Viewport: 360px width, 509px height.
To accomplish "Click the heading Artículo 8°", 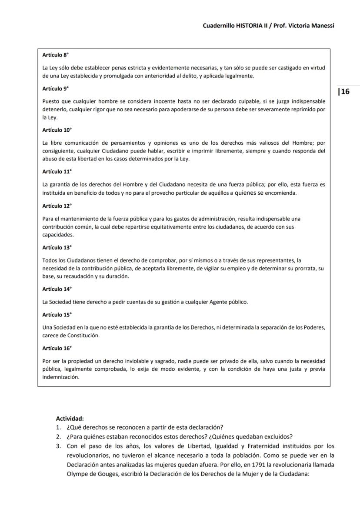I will pyautogui.click(x=56, y=56).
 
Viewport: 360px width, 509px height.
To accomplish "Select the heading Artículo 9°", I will pyautogui.click(x=56, y=89).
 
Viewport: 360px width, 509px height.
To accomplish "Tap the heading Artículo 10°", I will pyautogui.click(x=57, y=130).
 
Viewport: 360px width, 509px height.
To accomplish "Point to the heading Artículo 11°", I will pyautogui.click(x=57, y=172).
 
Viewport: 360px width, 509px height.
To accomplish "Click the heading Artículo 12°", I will pyautogui.click(x=57, y=206).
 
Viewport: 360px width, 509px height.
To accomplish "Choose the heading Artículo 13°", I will pyautogui.click(x=57, y=248).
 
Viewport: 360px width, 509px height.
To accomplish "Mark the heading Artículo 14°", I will pyautogui.click(x=57, y=289).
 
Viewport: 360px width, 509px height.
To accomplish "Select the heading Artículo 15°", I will pyautogui.click(x=57, y=315).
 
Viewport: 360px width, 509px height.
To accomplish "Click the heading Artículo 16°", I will pyautogui.click(x=57, y=349).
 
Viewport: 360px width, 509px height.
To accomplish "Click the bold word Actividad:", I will pyautogui.click(x=70, y=419).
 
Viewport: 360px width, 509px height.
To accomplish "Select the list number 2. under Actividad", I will pyautogui.click(x=58, y=437).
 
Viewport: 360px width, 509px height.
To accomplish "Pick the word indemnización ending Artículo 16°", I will pyautogui.click(x=61, y=377).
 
